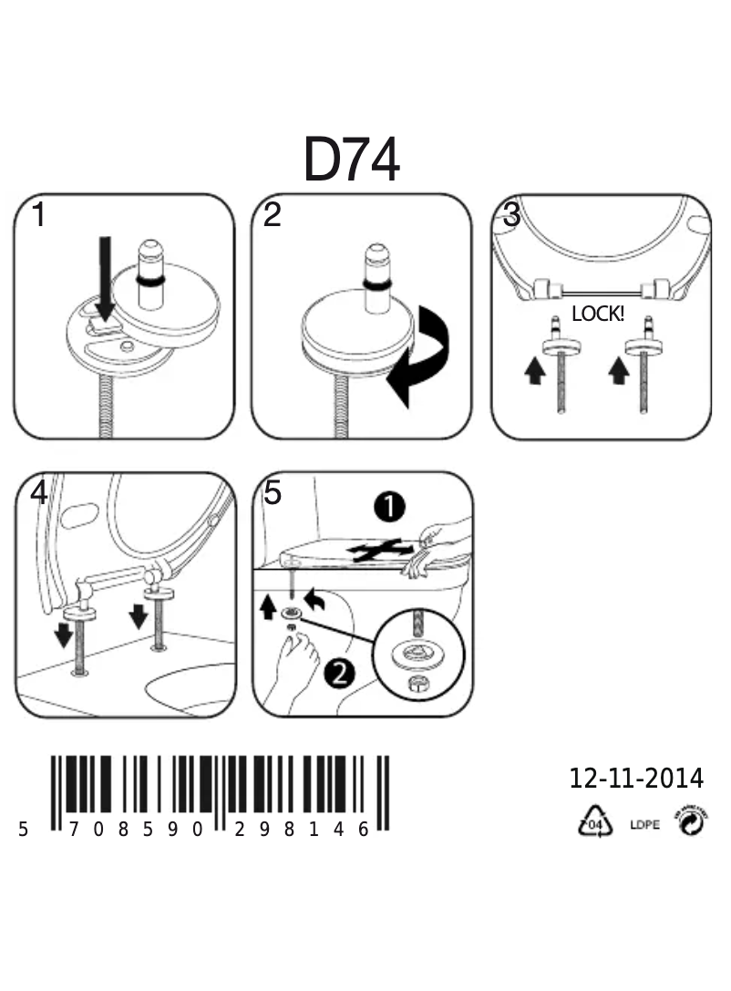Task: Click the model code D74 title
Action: coord(351,161)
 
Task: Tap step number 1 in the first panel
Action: coord(38,216)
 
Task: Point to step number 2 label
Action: coord(272,216)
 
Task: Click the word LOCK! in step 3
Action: coord(597,314)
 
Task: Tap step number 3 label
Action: coord(511,216)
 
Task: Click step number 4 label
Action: coord(38,493)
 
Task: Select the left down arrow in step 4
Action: coord(63,634)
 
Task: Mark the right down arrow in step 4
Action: coord(139,616)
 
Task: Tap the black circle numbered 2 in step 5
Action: coord(338,674)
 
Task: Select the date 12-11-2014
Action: coord(636,778)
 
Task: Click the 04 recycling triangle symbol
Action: coord(592,823)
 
